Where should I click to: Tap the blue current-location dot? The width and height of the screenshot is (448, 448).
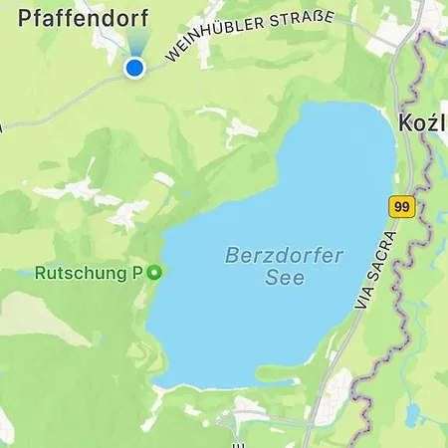point(134,67)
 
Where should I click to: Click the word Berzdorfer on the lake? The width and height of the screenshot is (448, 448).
point(284,256)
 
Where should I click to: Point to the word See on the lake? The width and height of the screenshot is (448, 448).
point(285,279)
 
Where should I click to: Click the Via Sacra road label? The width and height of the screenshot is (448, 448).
point(373,274)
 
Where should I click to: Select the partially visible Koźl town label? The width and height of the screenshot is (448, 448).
point(422,124)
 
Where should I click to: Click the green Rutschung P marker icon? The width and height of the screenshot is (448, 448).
point(153,272)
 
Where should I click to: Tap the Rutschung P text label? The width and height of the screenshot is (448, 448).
point(89,272)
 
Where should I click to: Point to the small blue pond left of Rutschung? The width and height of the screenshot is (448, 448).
point(22,272)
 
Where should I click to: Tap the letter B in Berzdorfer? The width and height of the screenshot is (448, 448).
point(231,256)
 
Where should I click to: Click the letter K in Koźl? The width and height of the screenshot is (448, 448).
point(406,124)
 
